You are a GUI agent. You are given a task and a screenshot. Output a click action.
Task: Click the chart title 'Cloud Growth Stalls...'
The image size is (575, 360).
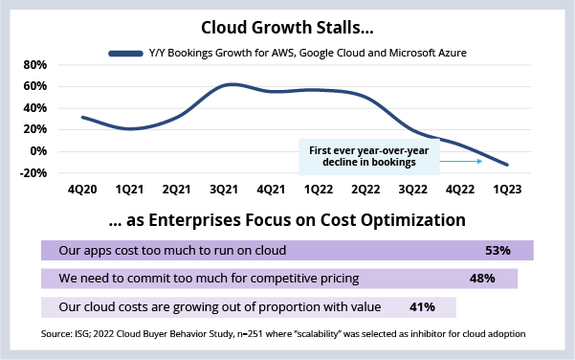tap(287, 28)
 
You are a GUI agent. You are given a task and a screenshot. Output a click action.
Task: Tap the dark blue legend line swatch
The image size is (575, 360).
tap(125, 54)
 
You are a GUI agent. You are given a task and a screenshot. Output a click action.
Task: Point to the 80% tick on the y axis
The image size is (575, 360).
tap(35, 65)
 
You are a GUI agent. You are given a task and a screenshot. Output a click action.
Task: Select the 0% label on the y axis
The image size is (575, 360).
tap(38, 151)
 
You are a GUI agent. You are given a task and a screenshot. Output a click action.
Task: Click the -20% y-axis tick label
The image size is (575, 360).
tap(33, 172)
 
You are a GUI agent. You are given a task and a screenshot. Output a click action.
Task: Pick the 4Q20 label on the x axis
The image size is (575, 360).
tap(82, 190)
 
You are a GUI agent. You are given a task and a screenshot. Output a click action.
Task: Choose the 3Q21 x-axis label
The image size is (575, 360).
tap(224, 190)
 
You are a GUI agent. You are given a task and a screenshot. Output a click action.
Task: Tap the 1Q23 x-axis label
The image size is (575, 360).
tap(507, 190)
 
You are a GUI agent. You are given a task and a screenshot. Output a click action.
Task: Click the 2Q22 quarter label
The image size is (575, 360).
tap(365, 190)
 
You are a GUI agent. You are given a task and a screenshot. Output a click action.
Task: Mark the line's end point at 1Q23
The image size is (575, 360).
tap(507, 165)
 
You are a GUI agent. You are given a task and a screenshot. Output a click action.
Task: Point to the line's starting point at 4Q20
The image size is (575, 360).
tap(83, 118)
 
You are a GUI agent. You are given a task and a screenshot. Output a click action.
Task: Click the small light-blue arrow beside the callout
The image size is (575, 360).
tap(461, 161)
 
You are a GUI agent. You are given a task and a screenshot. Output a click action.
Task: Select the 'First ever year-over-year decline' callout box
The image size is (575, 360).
tap(369, 157)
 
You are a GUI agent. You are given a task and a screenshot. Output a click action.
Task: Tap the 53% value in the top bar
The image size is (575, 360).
tap(498, 251)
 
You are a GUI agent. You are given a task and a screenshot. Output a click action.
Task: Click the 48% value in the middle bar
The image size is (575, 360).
tap(482, 279)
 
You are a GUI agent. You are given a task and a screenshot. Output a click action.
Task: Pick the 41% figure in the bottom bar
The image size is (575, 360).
tap(422, 306)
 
